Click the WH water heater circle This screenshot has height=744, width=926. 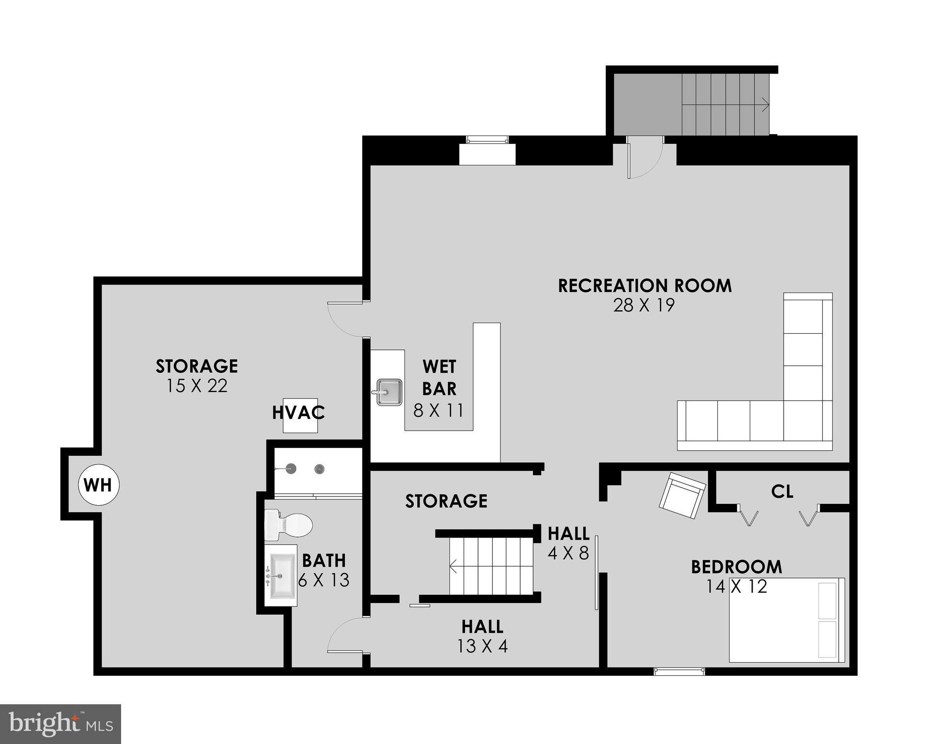pos(99,485)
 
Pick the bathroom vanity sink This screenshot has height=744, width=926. pos(281,576)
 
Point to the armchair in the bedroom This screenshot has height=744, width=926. pos(681,495)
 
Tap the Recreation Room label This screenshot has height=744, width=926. pos(645,286)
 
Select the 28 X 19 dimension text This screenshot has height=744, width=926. pos(644,306)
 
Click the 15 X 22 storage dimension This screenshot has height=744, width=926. pos(197,386)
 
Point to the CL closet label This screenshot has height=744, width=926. pos(782,492)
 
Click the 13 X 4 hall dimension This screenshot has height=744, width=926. pos(482,646)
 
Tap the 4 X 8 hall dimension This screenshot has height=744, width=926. pos(568,553)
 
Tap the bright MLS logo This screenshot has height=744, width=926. pos(61,724)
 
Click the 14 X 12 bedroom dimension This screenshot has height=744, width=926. pos(736,587)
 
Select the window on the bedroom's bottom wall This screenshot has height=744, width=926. pos(679,671)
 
